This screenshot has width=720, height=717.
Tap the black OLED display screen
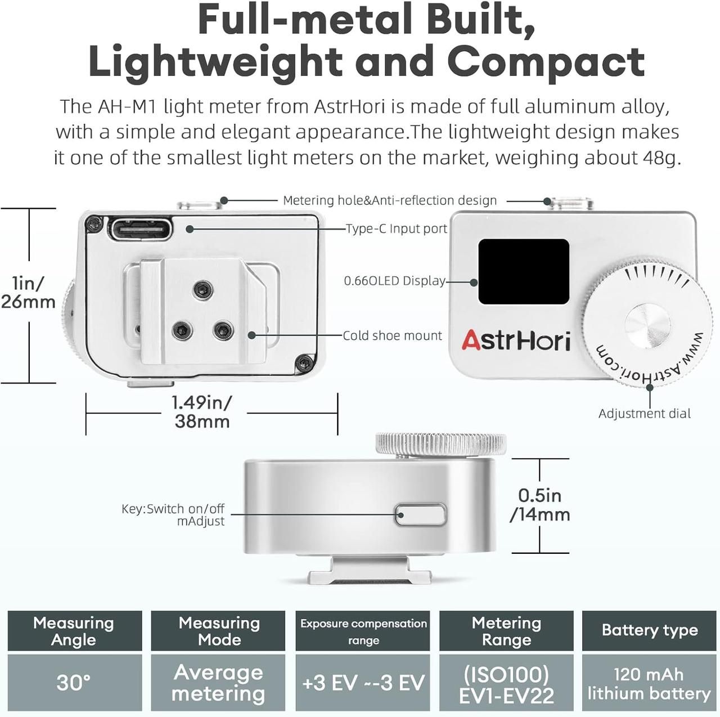pyautogui.click(x=524, y=271)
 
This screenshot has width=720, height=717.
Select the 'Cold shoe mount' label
pyautogui.click(x=392, y=335)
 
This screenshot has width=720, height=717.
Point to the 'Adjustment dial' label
pyautogui.click(x=645, y=414)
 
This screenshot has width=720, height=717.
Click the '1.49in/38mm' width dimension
pyautogui.click(x=202, y=411)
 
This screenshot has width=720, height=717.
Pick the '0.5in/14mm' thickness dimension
pyautogui.click(x=540, y=505)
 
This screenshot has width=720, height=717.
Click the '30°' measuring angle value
pyautogui.click(x=74, y=683)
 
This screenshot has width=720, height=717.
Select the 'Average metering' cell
pyautogui.click(x=218, y=683)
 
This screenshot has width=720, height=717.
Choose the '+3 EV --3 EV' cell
pyautogui.click(x=363, y=683)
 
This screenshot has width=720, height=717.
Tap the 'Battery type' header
pyautogui.click(x=650, y=630)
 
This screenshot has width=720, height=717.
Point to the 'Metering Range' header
pyautogui.click(x=506, y=631)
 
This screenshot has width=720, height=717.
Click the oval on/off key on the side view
pyautogui.click(x=421, y=514)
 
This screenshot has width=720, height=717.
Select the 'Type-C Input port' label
pyautogui.click(x=397, y=228)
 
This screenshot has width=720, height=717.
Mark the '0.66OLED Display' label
pyautogui.click(x=394, y=281)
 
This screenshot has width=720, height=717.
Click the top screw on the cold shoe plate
pyautogui.click(x=203, y=290)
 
